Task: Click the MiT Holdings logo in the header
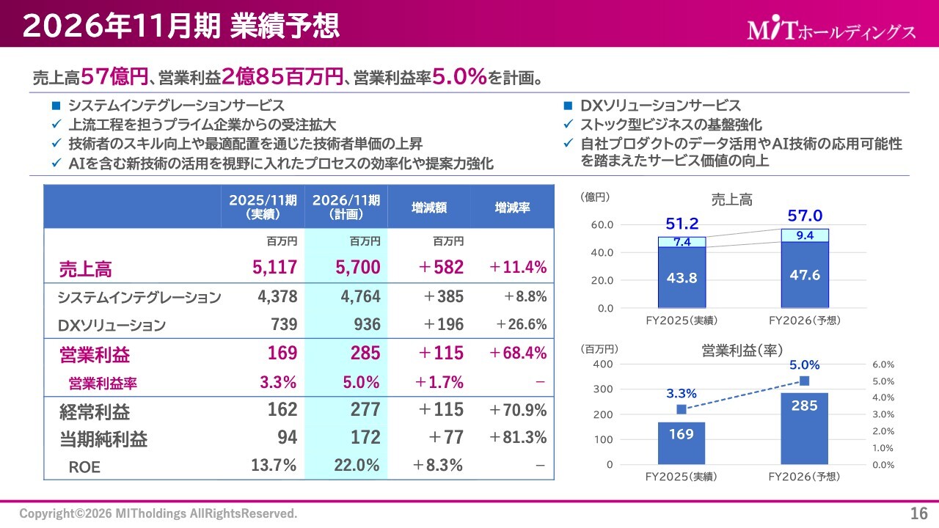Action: pyautogui.click(x=831, y=30)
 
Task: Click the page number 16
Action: pyautogui.click(x=919, y=513)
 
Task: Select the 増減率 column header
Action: pyautogui.click(x=513, y=208)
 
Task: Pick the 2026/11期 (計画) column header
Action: pyautogui.click(x=346, y=208)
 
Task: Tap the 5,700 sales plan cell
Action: pyautogui.click(x=358, y=268)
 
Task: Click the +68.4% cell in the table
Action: pyautogui.click(x=518, y=353)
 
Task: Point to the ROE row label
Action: pyautogui.click(x=84, y=466)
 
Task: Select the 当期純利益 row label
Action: pyautogui.click(x=103, y=439)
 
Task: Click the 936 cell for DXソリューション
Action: pyautogui.click(x=367, y=325)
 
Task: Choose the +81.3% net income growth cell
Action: pyautogui.click(x=518, y=438)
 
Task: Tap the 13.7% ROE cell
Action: pyautogui.click(x=275, y=466)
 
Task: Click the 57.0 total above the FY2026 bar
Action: pyautogui.click(x=805, y=216)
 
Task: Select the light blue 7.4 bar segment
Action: pyautogui.click(x=682, y=242)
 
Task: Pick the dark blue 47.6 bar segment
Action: pyautogui.click(x=805, y=275)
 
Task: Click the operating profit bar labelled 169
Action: pyautogui.click(x=682, y=442)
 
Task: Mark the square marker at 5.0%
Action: pyautogui.click(x=805, y=381)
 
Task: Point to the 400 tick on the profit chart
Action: pyautogui.click(x=603, y=364)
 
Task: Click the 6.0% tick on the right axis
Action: pyautogui.click(x=883, y=364)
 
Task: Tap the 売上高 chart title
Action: pyautogui.click(x=731, y=199)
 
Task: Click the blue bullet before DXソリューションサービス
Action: pyautogui.click(x=568, y=106)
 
